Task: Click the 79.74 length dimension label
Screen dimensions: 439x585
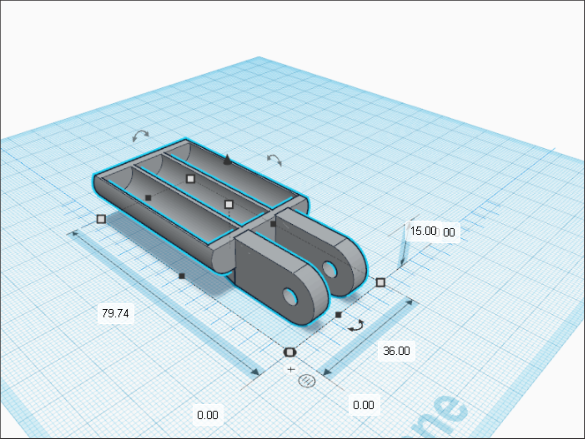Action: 116,313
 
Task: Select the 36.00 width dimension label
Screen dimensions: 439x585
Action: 396,351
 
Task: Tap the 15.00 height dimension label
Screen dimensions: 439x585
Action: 423,231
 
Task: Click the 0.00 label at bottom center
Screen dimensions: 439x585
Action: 208,415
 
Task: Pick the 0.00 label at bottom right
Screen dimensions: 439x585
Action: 363,405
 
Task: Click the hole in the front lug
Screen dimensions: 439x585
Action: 290,297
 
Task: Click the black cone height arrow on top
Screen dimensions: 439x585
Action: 227,160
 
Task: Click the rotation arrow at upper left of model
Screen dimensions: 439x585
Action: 140,135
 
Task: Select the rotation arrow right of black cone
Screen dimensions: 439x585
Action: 275,160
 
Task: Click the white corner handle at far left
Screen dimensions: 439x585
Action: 101,219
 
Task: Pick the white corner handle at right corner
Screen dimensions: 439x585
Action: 380,282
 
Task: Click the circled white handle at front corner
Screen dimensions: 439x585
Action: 290,352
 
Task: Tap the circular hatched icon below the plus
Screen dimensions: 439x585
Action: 307,381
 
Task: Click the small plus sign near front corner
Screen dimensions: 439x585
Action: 291,370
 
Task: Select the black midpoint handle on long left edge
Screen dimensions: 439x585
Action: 182,276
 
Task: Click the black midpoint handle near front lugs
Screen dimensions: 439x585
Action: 338,315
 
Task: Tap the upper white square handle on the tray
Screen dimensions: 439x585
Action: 191,179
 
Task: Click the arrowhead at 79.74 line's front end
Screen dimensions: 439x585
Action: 256,372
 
